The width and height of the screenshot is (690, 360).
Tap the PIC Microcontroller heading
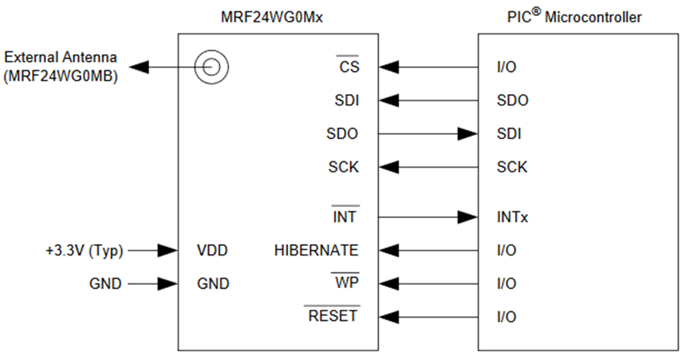point(574,17)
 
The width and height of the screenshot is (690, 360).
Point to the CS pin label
point(349,67)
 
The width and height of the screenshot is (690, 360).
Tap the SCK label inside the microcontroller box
point(511,168)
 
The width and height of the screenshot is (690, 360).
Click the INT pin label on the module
point(345,216)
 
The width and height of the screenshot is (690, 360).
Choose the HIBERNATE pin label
point(316,250)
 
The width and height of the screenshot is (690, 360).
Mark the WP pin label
point(346,283)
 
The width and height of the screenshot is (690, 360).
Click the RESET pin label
point(332,316)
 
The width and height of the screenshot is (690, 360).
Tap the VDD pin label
point(212,250)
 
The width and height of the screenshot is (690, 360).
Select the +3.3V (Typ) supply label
point(85,250)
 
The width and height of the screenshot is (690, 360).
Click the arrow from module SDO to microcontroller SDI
point(428,134)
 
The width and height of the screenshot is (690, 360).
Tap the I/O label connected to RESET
point(506,317)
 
